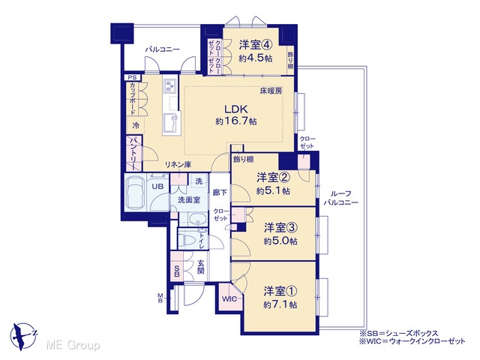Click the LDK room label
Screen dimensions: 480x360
[x=236, y=109]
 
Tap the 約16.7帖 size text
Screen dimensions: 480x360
[x=236, y=121]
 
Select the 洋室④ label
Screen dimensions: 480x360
[x=255, y=45]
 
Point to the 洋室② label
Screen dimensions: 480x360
[x=273, y=178]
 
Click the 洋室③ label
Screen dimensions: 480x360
[x=280, y=228]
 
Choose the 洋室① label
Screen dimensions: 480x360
[x=280, y=291]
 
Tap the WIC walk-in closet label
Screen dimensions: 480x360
[x=229, y=299]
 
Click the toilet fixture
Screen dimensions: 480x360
[x=190, y=238]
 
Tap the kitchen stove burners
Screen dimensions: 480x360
[x=169, y=85]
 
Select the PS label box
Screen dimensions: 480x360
[x=132, y=77]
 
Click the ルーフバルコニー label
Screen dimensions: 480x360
[x=341, y=198]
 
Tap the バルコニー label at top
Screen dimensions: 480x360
[x=162, y=49]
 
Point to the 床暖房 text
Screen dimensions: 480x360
[x=271, y=91]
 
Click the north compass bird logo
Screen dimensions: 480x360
[x=23, y=335]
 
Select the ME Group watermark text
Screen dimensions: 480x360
[x=73, y=345]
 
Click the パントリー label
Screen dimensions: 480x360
[x=134, y=154]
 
